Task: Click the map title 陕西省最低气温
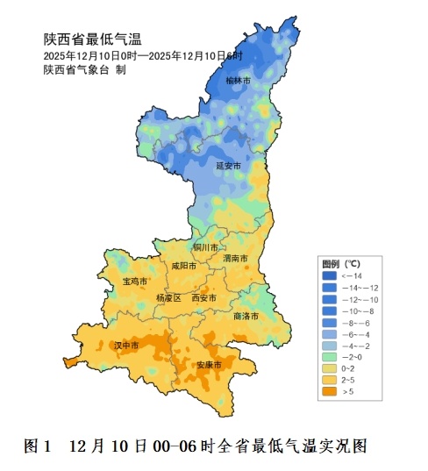pos(92,39)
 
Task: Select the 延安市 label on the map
pos(227,165)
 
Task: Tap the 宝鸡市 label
pos(136,282)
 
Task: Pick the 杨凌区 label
pos(168,298)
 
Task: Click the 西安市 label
pos(203,298)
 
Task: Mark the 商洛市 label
pos(246,316)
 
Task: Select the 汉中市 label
pos(127,346)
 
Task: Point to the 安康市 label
pos(209,364)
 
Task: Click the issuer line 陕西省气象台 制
pos(84,69)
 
